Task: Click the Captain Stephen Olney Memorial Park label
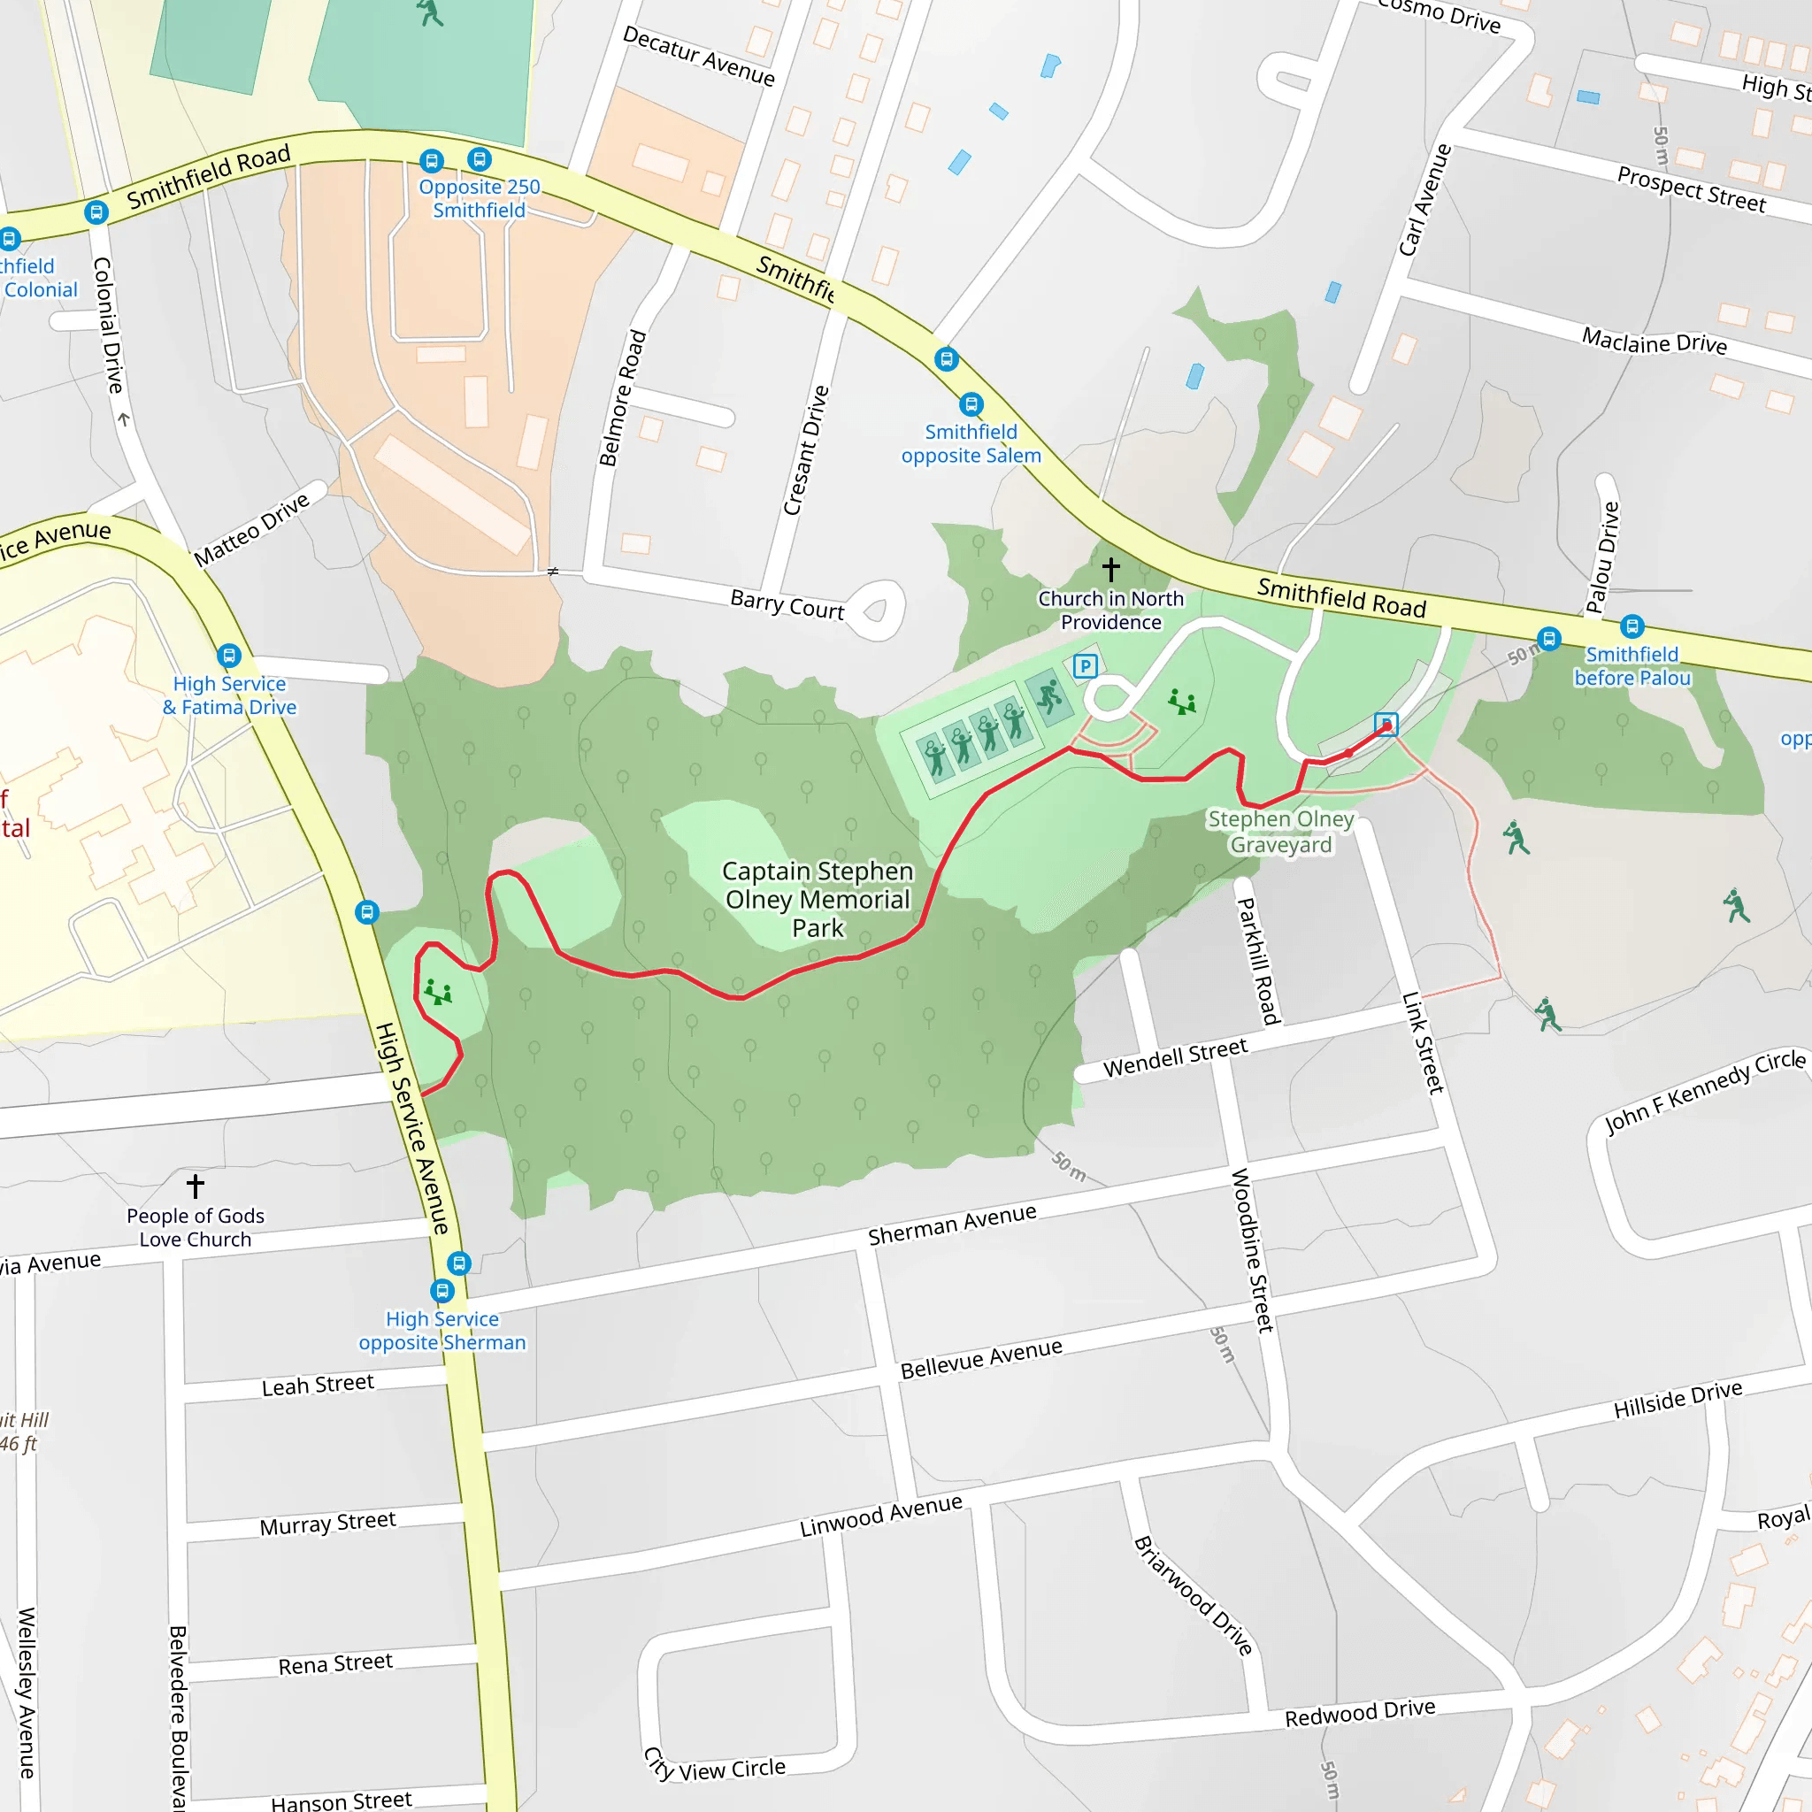click(x=817, y=900)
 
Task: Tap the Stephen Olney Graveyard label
click(x=1280, y=832)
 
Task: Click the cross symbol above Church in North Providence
click(x=1110, y=569)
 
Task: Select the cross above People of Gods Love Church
click(x=195, y=1186)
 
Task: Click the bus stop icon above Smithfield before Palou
click(x=1632, y=626)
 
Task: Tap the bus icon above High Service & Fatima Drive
click(x=229, y=656)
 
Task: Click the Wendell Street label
click(x=1175, y=1058)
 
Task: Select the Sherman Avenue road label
click(x=952, y=1225)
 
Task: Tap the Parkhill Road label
click(x=1258, y=960)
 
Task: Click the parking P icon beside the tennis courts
click(x=1085, y=667)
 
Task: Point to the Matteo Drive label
click(x=251, y=530)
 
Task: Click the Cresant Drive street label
click(x=806, y=450)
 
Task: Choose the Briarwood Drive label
click(x=1193, y=1595)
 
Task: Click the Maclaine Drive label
click(x=1654, y=342)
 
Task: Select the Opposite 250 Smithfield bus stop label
click(x=480, y=199)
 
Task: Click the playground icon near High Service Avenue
click(x=437, y=993)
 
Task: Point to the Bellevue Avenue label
click(x=981, y=1359)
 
